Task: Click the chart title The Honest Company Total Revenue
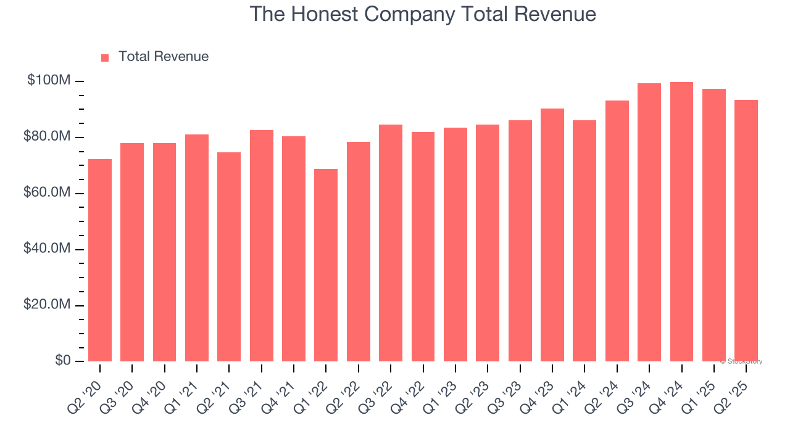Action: [423, 14]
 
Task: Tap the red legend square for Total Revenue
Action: [105, 57]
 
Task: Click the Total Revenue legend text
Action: [164, 57]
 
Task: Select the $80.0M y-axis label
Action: [47, 137]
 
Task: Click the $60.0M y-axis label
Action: [47, 193]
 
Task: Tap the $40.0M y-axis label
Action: [47, 249]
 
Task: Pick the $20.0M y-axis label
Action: [47, 305]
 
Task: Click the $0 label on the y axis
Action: [62, 361]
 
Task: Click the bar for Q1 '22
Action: [326, 265]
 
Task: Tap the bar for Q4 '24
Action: [681, 222]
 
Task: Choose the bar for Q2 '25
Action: [746, 231]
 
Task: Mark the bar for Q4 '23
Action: [552, 235]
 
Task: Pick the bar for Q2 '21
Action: [229, 257]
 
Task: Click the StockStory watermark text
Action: [741, 361]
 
